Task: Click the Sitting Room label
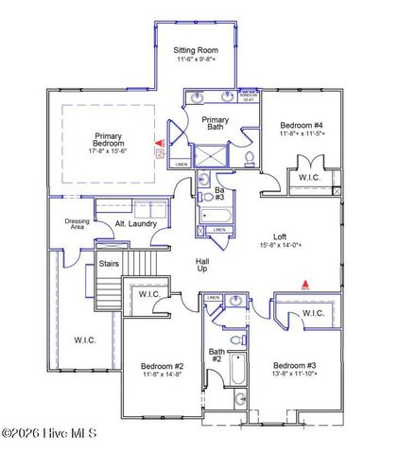(x=196, y=54)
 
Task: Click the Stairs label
(x=108, y=264)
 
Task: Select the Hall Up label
(x=177, y=264)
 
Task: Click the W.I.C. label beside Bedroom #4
(x=310, y=177)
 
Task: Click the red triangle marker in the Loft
(x=304, y=282)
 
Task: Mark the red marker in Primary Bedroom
(x=159, y=148)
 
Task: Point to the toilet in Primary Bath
(x=248, y=157)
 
